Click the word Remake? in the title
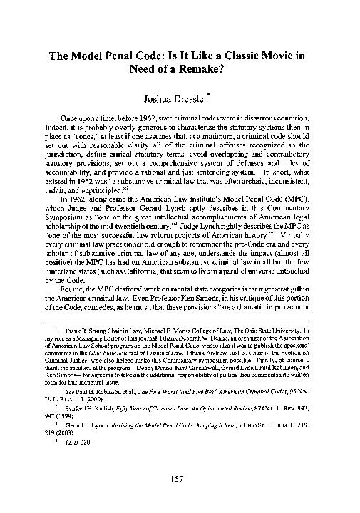(224, 70)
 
